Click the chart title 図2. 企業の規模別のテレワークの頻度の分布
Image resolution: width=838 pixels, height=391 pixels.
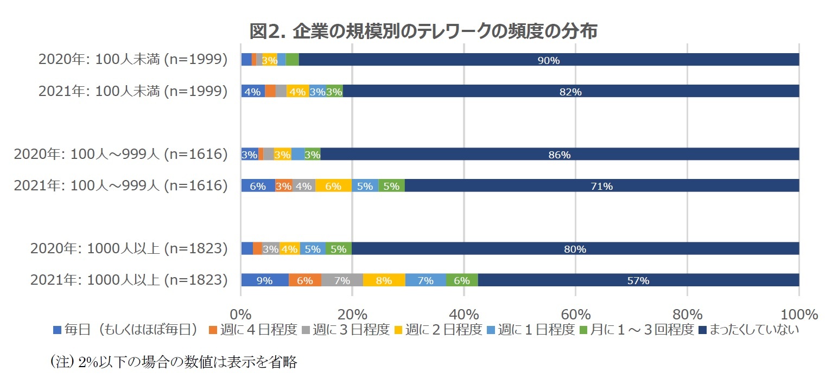point(423,31)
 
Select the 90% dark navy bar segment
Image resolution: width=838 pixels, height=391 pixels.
point(548,60)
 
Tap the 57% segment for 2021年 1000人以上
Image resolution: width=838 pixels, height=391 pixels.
point(638,280)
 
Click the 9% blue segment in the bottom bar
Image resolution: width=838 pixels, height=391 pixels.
point(264,280)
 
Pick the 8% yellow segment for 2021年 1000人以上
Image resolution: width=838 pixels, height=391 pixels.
point(384,280)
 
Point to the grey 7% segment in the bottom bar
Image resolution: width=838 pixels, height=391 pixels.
point(342,280)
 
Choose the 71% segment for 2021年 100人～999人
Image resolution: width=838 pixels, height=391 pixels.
point(601,186)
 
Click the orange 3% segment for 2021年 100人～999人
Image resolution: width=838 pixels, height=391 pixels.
point(284,186)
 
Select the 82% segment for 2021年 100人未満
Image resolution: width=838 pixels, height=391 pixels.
point(570,92)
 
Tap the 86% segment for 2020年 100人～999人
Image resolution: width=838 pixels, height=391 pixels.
point(559,155)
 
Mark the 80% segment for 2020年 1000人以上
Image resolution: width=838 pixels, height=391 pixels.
point(575,249)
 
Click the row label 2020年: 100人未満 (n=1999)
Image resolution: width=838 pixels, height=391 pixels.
point(132,60)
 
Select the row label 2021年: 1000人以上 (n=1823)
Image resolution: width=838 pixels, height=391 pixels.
point(129,280)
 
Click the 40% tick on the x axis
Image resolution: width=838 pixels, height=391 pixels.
point(464,315)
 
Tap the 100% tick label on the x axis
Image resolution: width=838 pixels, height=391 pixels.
point(799,315)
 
